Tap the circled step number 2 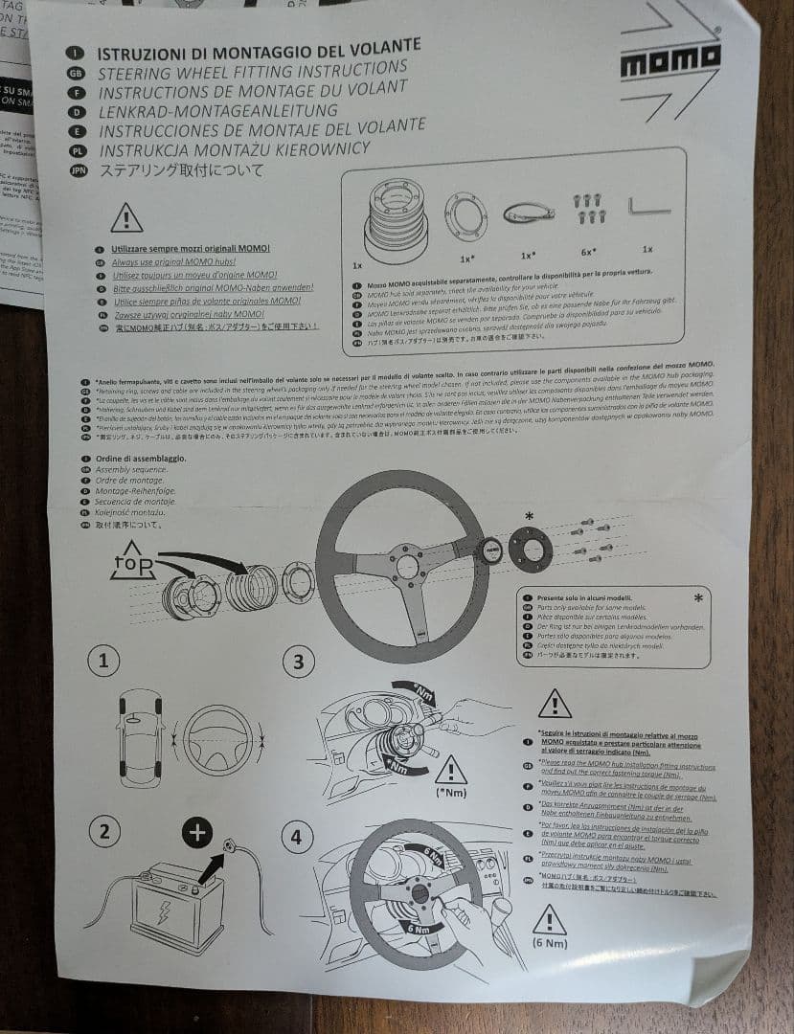(103, 831)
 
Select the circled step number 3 (298, 662)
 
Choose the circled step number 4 (296, 839)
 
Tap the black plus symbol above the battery (197, 833)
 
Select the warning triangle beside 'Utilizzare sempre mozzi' (126, 219)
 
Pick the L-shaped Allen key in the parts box (648, 206)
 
